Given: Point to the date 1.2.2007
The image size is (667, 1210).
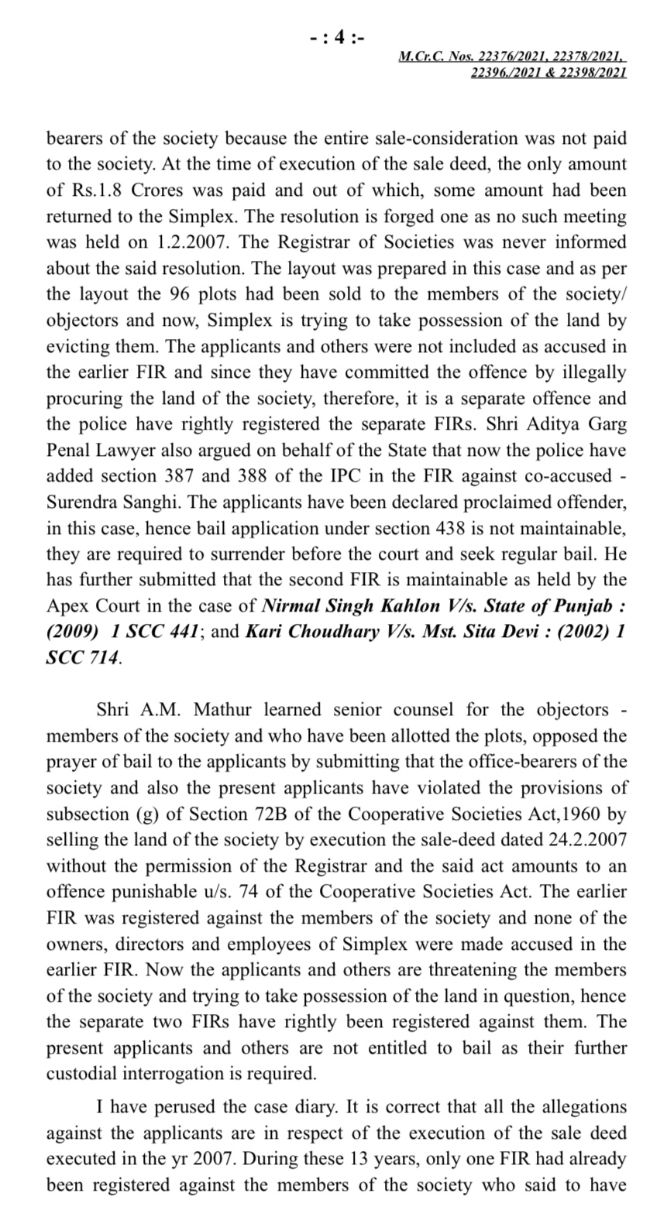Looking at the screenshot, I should point(193,242).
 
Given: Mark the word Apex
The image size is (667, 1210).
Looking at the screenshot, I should point(67,606).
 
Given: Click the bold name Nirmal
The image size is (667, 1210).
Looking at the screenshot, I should point(291,606).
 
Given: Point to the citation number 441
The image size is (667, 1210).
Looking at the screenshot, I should point(183,632).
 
